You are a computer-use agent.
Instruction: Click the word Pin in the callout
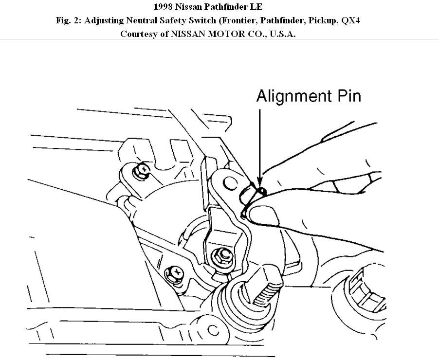click(347, 96)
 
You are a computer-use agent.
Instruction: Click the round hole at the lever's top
click(228, 183)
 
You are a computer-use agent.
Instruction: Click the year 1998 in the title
click(164, 7)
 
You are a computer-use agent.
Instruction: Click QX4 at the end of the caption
click(350, 21)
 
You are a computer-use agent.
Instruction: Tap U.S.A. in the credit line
click(280, 34)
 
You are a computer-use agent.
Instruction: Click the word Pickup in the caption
click(323, 21)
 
